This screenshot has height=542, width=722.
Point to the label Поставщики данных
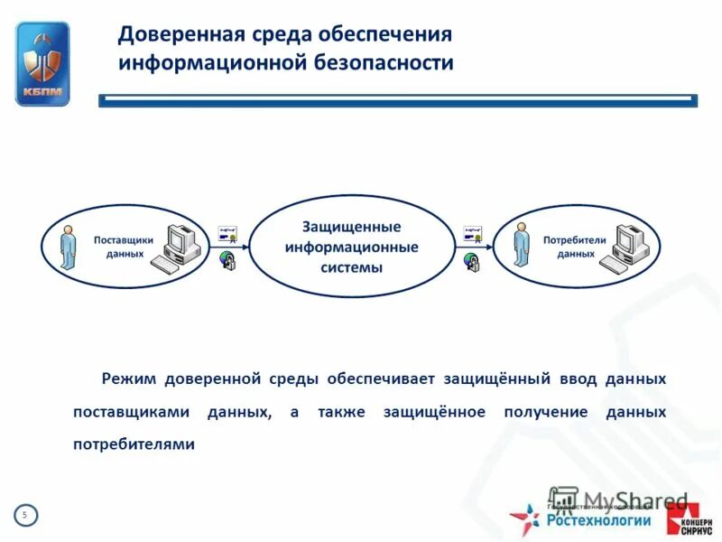124,247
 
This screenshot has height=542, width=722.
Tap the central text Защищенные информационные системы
351,248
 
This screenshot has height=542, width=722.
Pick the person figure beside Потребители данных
521,245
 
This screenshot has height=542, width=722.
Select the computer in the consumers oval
628,248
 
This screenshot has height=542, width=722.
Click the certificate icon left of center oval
229,234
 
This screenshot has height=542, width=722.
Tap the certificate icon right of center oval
474,234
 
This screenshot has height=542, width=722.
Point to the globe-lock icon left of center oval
227,262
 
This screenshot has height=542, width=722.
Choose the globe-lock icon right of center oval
472,262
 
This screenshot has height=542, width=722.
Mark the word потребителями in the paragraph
134,444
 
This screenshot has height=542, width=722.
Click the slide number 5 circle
25,515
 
